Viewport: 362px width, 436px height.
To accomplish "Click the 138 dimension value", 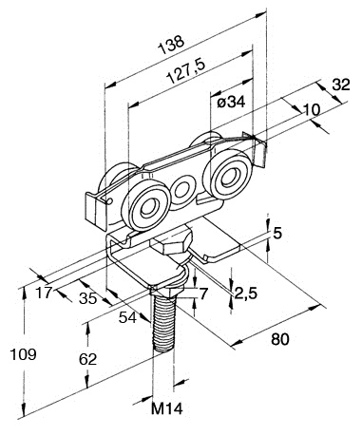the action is tap(171, 46).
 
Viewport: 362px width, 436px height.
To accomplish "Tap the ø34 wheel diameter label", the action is tap(231, 103).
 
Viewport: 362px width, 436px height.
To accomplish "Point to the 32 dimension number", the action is tap(341, 85).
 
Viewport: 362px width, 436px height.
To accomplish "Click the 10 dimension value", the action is tap(312, 110).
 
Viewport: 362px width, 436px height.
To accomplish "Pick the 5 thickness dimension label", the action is tap(277, 234).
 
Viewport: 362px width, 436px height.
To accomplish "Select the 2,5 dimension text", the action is tap(245, 294).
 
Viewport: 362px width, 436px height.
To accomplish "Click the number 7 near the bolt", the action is tap(202, 294).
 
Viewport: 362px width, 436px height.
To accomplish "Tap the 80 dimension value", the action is tap(280, 339).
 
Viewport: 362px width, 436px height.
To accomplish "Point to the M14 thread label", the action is tap(167, 408).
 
